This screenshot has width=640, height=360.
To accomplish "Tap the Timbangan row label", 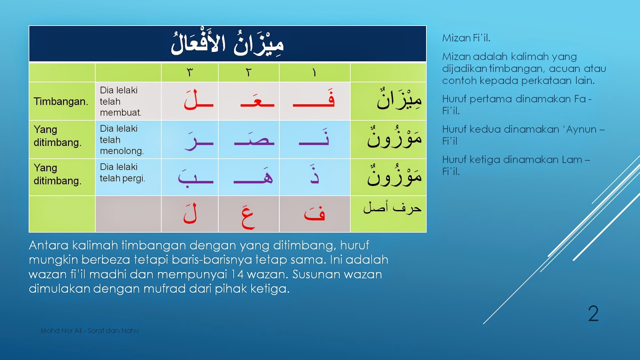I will click(61, 102).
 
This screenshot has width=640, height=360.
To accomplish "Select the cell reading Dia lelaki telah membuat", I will click(120, 102).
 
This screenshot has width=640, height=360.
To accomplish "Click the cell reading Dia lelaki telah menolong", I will click(121, 140).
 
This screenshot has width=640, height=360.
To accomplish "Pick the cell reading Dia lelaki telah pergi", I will click(122, 172).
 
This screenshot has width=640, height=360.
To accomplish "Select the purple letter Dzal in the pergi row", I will click(314, 175).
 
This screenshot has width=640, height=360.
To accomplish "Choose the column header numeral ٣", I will click(190, 72).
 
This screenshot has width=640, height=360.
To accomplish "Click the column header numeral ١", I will click(314, 72).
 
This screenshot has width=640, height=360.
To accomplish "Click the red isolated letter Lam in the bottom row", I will click(190, 214).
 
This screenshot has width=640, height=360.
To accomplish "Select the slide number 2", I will click(593, 314).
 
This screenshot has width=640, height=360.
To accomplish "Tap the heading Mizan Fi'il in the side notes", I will click(466, 38).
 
